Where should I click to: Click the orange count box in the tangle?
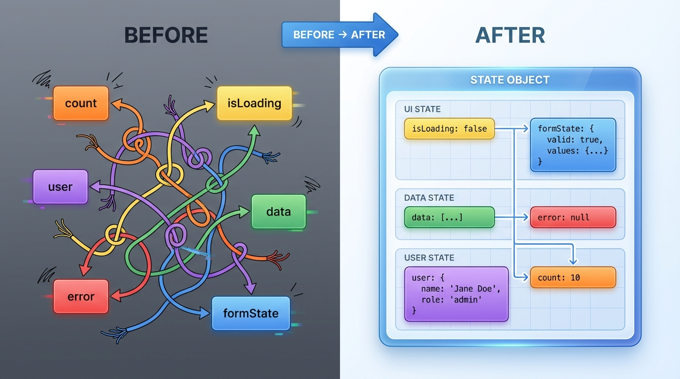click(x=81, y=103)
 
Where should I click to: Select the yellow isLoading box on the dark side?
click(x=255, y=103)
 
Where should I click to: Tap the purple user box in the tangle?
click(x=60, y=187)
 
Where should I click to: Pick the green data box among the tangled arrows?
click(x=279, y=212)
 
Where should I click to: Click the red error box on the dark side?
click(x=81, y=296)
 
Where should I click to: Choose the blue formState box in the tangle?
click(x=251, y=313)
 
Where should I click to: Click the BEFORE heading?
click(x=166, y=35)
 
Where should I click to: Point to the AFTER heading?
click(x=510, y=35)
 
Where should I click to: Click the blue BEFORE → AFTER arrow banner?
click(x=340, y=35)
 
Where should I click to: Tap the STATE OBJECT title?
click(x=510, y=80)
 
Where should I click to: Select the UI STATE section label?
click(x=422, y=109)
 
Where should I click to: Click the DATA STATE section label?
click(x=429, y=198)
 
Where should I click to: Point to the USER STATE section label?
click(x=429, y=258)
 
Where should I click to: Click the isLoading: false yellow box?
click(x=449, y=129)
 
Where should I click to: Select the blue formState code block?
click(x=573, y=145)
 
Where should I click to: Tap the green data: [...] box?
click(x=449, y=217)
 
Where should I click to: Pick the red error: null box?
click(x=573, y=217)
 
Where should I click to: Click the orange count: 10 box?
click(x=573, y=277)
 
